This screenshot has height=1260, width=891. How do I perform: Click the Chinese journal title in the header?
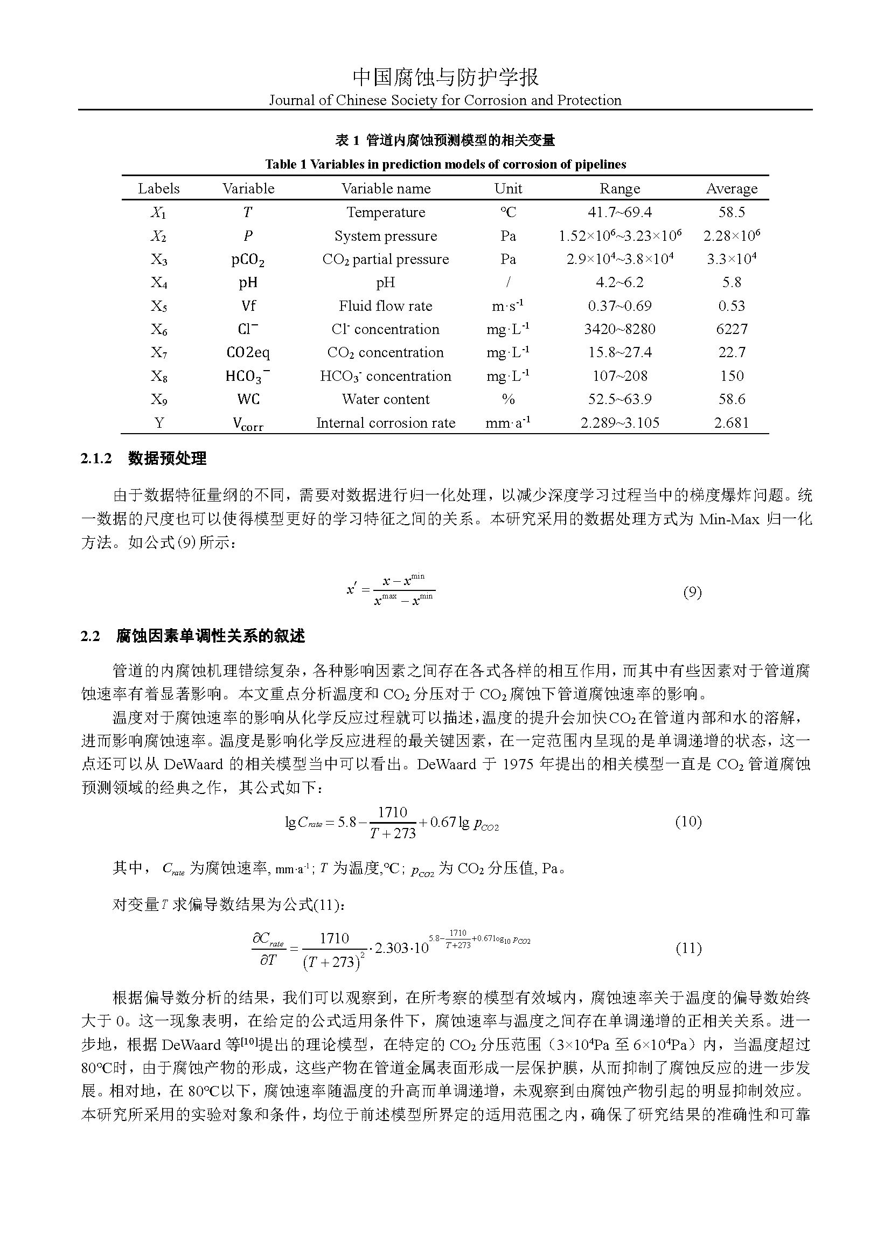click(x=445, y=78)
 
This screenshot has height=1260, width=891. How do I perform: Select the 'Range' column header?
click(x=619, y=189)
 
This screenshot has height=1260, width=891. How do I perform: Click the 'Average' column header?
click(x=732, y=189)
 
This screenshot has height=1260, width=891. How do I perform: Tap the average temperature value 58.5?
click(x=732, y=212)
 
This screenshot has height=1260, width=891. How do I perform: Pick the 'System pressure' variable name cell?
click(x=386, y=236)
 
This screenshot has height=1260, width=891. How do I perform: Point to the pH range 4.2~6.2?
click(x=619, y=283)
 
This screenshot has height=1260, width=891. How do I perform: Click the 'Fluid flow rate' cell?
click(x=386, y=306)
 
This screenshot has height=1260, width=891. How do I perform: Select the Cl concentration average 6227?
click(x=732, y=329)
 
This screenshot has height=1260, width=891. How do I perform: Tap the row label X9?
click(x=158, y=400)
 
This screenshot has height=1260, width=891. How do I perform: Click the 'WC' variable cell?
click(x=248, y=400)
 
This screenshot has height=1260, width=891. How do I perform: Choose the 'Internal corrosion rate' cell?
click(x=386, y=423)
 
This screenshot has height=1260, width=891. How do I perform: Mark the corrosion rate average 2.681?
click(x=732, y=423)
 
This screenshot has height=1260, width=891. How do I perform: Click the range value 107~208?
click(x=619, y=376)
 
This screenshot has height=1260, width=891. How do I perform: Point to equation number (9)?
click(x=692, y=592)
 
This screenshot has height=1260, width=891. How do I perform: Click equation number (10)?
click(x=688, y=822)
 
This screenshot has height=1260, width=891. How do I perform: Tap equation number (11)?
click(x=688, y=948)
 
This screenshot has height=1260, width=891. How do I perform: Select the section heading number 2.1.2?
click(x=96, y=459)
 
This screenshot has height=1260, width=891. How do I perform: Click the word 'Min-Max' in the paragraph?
click(x=729, y=519)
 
